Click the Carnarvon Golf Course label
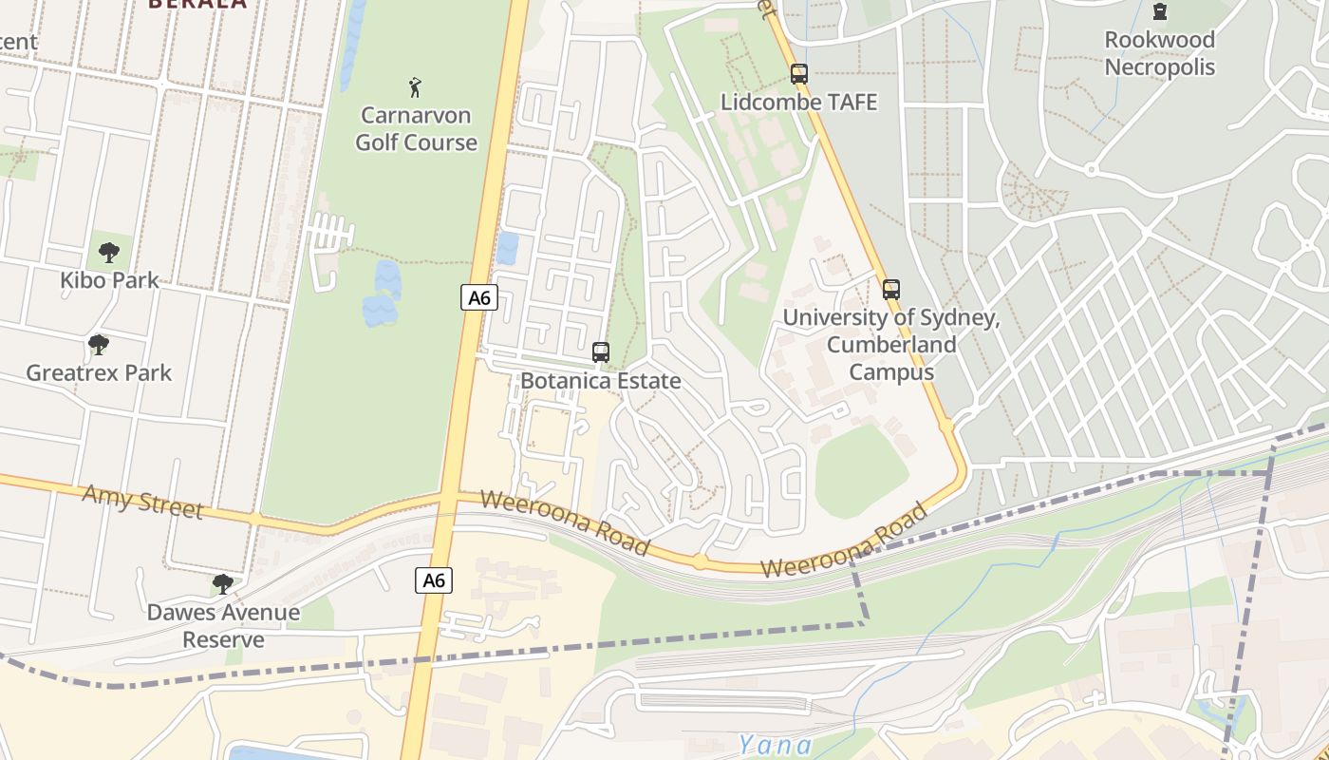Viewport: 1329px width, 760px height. tap(416, 129)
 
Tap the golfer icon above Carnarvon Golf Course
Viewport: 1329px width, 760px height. tap(415, 88)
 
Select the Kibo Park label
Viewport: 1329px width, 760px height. tap(110, 280)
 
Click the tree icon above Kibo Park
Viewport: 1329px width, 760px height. tap(109, 253)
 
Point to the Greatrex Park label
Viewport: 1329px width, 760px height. tap(99, 372)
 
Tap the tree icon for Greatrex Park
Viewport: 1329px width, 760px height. tap(98, 345)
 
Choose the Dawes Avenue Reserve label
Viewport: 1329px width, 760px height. tap(223, 626)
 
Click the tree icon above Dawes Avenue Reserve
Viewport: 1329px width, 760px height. tap(223, 583)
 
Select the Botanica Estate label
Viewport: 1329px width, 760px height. tap(600, 381)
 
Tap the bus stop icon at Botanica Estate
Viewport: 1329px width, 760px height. tap(601, 352)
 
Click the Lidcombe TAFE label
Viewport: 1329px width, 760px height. tap(799, 102)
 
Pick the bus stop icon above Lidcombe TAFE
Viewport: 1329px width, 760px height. tap(799, 73)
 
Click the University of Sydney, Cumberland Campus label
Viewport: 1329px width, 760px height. tap(890, 344)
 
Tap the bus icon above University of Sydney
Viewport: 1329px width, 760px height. tap(890, 290)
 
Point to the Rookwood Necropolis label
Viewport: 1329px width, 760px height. tap(1159, 53)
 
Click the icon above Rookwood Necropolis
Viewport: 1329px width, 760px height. tap(1159, 12)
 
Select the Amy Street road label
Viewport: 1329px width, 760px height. tap(142, 502)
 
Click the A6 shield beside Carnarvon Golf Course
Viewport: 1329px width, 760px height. tap(480, 297)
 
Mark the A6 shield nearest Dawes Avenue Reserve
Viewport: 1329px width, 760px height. tap(433, 579)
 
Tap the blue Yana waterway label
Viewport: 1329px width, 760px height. tap(775, 745)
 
